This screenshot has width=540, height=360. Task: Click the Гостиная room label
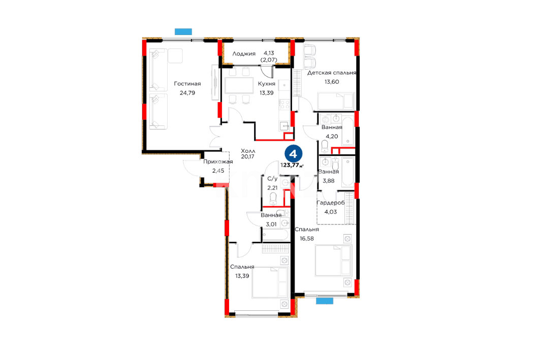[187, 84]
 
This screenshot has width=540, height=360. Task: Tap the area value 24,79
[187, 93]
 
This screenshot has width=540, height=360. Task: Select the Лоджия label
[244, 54]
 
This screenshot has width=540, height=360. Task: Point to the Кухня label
[267, 84]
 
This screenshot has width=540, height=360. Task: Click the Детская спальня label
[332, 73]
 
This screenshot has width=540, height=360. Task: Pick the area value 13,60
[332, 82]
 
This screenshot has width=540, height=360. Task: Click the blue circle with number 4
[294, 154]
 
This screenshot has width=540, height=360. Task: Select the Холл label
[248, 151]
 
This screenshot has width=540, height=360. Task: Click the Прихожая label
[218, 162]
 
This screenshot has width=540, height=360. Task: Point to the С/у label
[272, 179]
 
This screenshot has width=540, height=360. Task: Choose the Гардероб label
[331, 203]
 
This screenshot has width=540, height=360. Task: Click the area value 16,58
[307, 239]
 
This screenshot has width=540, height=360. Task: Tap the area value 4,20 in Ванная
[332, 137]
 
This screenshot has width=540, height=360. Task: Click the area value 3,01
[271, 224]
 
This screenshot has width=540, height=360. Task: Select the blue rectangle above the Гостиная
[183, 31]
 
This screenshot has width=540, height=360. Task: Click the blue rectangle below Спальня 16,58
[325, 301]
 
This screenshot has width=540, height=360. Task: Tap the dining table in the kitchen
[239, 86]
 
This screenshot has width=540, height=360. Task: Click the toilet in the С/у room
[273, 199]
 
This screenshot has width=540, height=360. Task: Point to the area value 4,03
[331, 212]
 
